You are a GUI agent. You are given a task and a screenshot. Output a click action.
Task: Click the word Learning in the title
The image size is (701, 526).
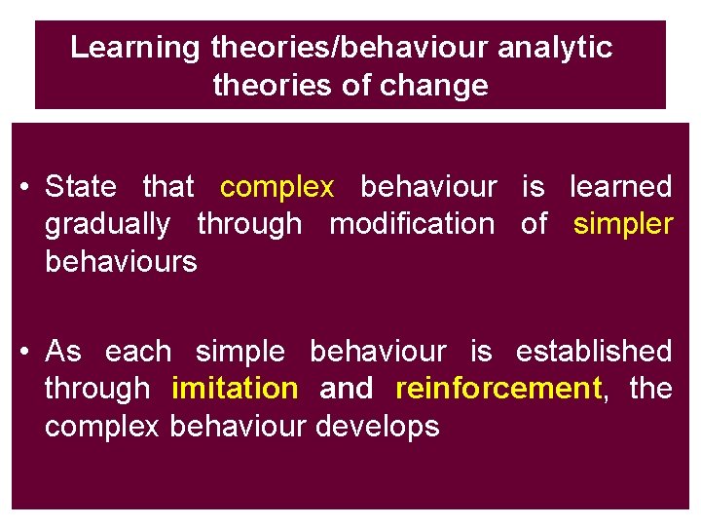tap(135, 48)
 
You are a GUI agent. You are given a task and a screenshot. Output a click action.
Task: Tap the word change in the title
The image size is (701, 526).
tap(435, 86)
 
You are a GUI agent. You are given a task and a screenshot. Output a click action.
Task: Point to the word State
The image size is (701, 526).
tap(81, 187)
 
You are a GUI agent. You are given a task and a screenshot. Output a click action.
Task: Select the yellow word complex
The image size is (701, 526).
tap(277, 187)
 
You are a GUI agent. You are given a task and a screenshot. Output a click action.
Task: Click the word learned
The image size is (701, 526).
tap(620, 187)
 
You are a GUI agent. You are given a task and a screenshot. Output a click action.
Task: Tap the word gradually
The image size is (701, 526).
tap(107, 224)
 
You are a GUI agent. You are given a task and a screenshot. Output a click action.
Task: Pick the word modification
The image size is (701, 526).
tap(412, 224)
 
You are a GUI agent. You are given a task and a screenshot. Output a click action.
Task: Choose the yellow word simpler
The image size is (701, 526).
tap(623, 224)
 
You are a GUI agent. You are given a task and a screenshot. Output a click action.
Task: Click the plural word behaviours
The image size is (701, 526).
tap(121, 262)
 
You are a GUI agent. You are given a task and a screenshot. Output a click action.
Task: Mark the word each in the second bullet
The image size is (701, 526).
tap(137, 352)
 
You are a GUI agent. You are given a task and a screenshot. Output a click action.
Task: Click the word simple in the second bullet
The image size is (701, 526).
tap(240, 352)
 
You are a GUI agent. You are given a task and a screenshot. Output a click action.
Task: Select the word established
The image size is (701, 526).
tap(593, 352)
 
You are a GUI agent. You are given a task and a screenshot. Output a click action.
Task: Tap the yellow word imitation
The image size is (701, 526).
tap(235, 389)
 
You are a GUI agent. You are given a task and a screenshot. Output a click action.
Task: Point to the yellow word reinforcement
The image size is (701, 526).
tap(498, 389)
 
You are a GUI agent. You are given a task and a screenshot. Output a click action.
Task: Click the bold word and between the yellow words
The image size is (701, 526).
tap(347, 389)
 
